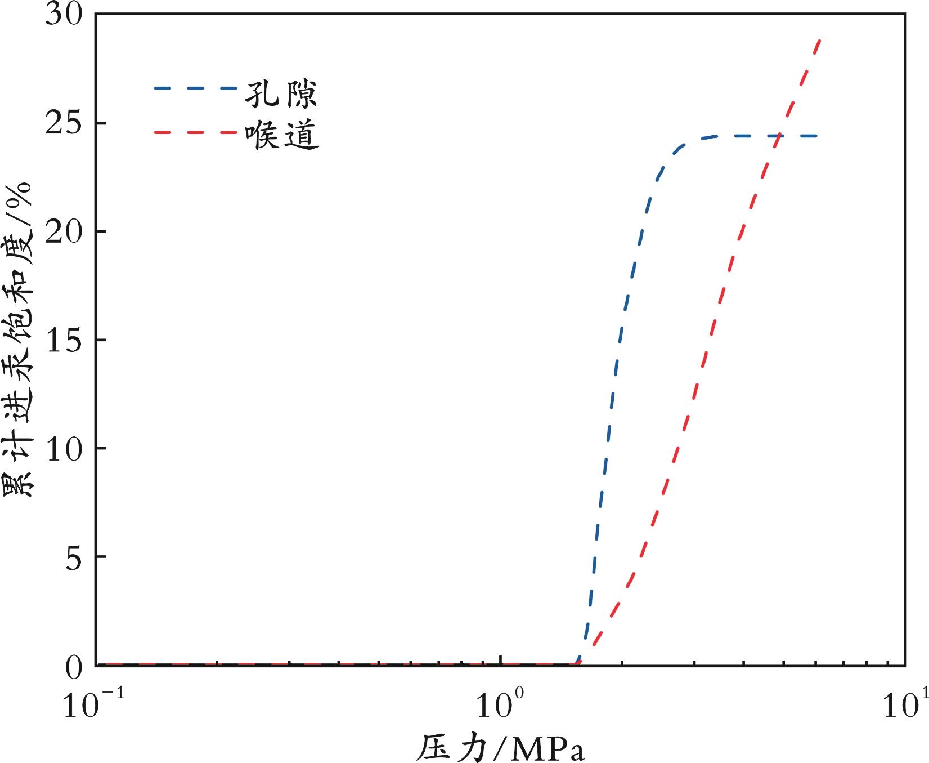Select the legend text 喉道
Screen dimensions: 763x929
[x=281, y=135]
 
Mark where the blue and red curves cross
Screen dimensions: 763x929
[x=778, y=136]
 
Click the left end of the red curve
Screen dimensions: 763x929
[x=107, y=664]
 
